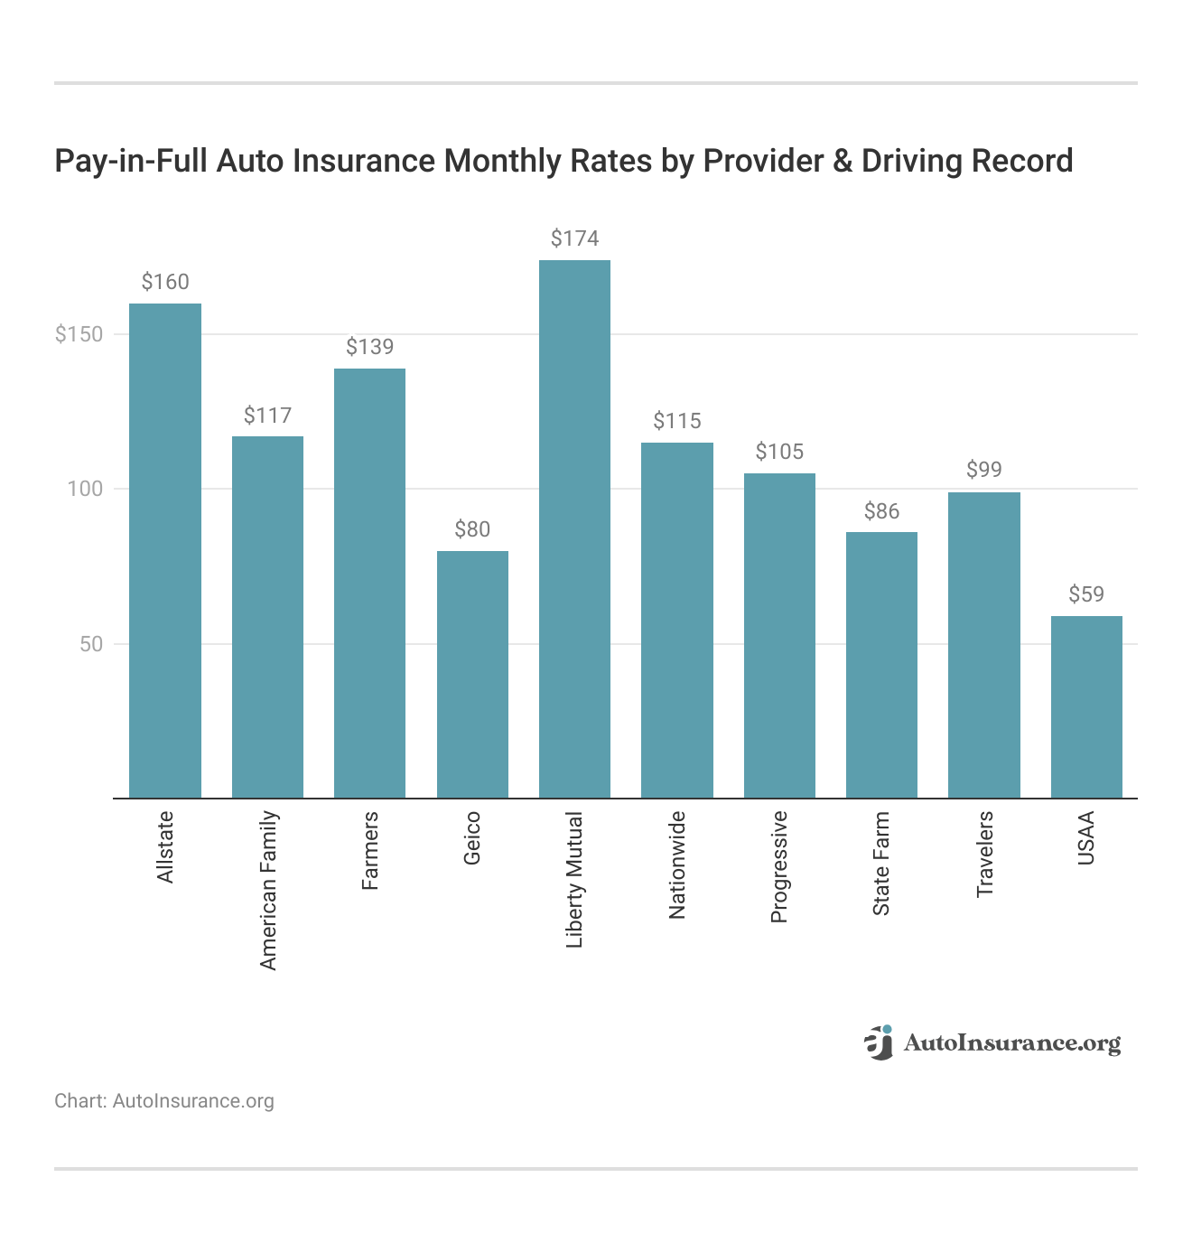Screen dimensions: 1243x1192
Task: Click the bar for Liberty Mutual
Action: (574, 528)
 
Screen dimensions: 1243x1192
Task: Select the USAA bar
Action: (1086, 706)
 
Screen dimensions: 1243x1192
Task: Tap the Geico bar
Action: (472, 674)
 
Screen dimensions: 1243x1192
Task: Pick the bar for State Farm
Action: (881, 665)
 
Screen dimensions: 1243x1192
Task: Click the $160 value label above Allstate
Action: (165, 282)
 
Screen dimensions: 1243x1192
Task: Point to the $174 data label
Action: (574, 238)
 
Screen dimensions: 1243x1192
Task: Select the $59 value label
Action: (1086, 594)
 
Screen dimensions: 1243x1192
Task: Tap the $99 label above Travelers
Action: (983, 470)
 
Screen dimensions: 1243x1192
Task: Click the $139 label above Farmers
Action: (369, 347)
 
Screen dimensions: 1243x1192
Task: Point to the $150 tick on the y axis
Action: (79, 334)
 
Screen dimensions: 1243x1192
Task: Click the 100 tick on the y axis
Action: (87, 489)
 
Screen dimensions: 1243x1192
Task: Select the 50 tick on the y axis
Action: (91, 644)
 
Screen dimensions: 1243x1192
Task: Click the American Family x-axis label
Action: (268, 891)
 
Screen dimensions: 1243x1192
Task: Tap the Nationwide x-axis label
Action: (677, 864)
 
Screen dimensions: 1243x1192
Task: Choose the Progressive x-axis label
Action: (779, 866)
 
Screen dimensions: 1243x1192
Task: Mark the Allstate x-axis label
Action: (165, 847)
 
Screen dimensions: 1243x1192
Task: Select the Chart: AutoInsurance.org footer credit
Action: (164, 1101)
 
